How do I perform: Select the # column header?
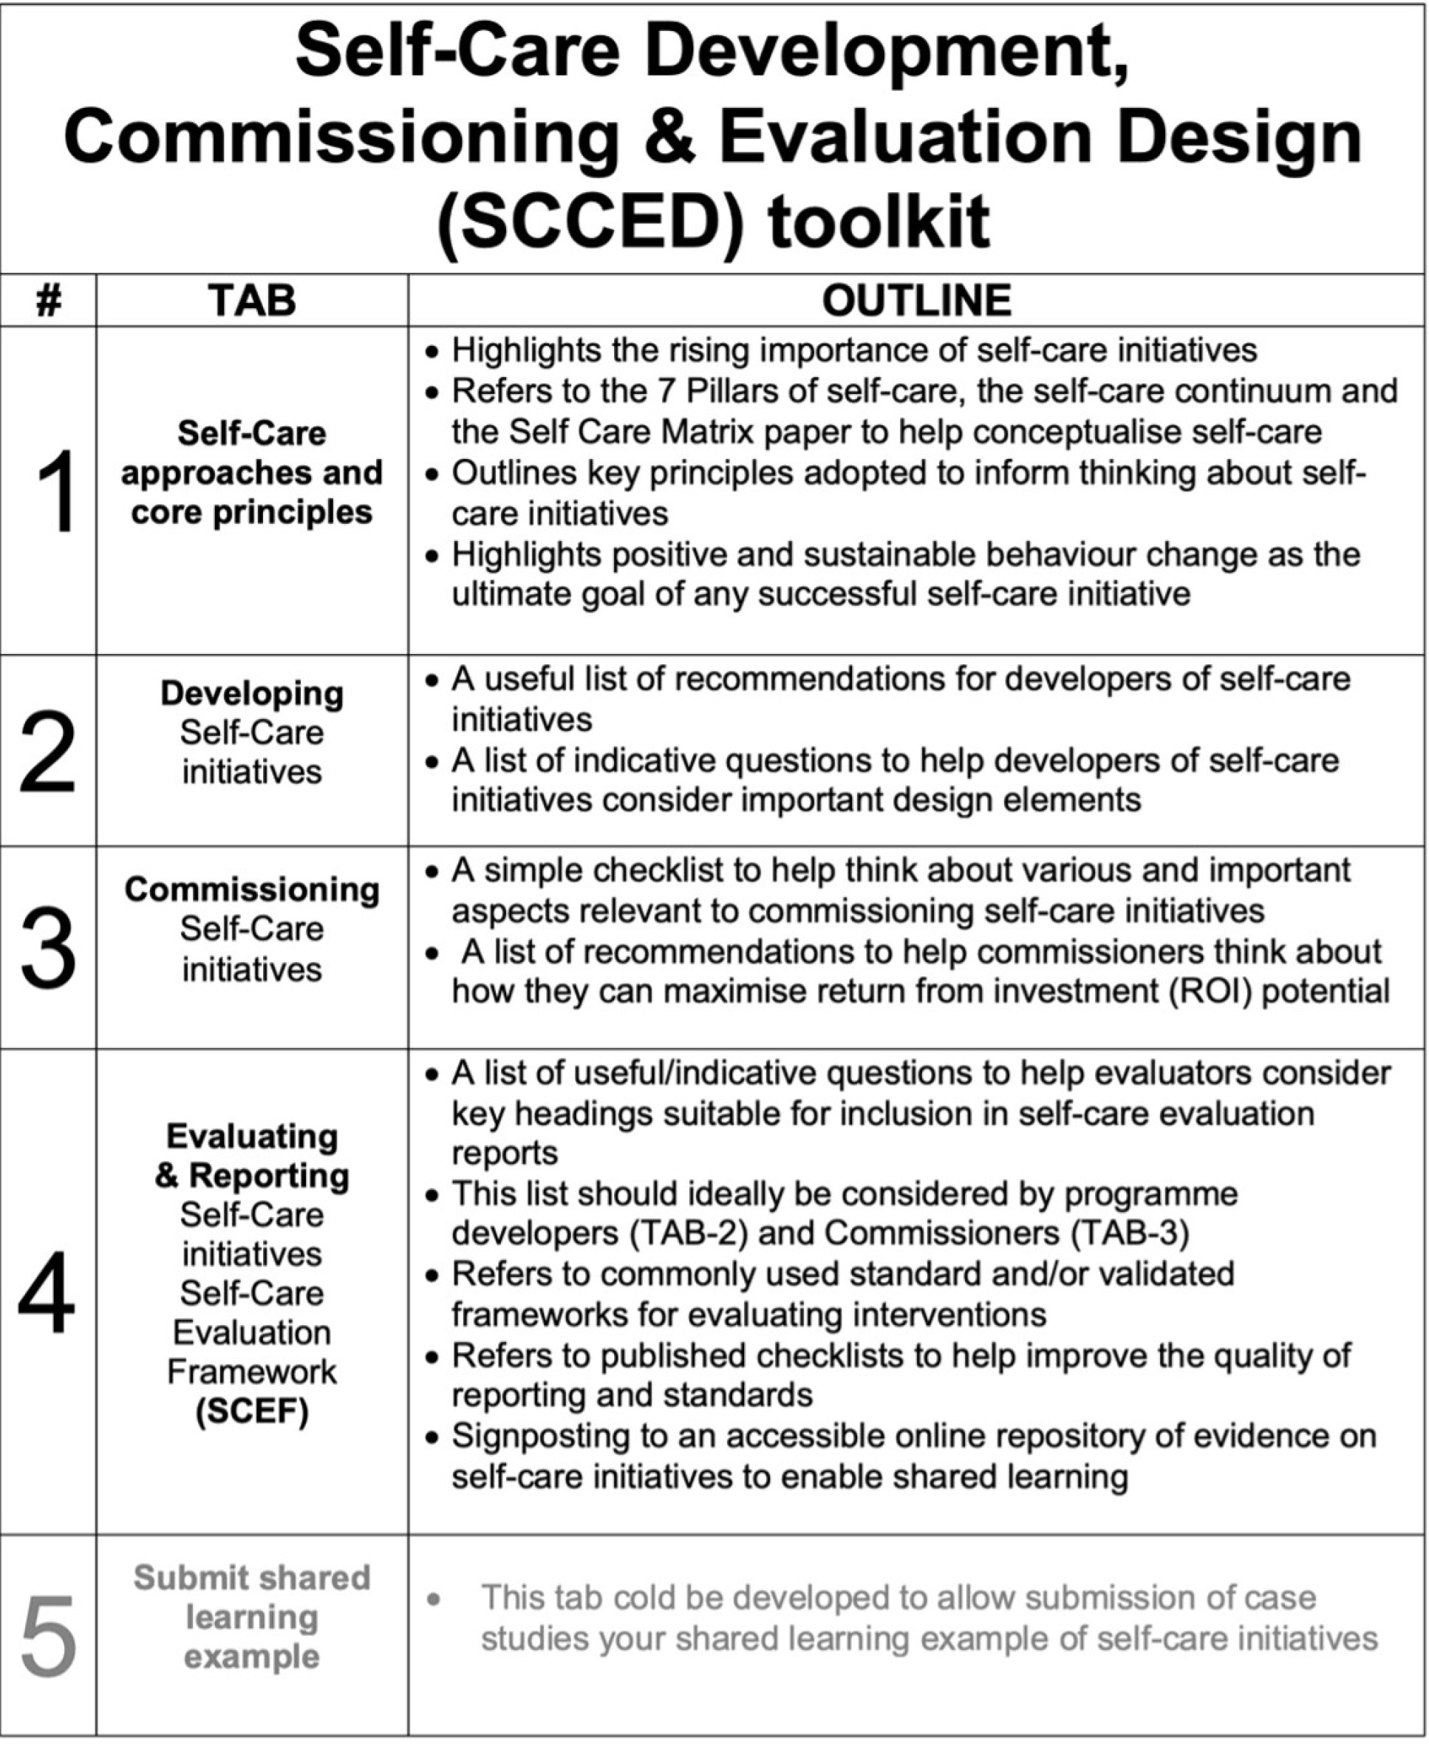(49, 302)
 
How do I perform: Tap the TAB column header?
(252, 301)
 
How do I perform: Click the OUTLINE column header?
(916, 301)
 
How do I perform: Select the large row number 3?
(48, 950)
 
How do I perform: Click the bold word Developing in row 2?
(252, 693)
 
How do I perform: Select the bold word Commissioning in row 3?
(252, 889)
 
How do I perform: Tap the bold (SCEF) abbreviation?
(252, 1411)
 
